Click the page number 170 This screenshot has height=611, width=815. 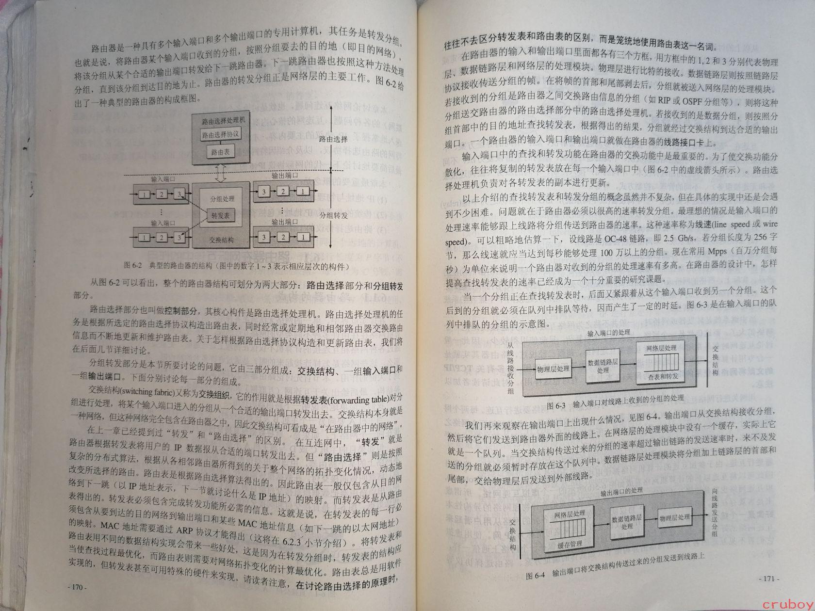77,587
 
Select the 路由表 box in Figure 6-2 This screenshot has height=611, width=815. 221,152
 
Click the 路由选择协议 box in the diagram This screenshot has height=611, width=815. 221,134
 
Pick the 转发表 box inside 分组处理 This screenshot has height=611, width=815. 221,215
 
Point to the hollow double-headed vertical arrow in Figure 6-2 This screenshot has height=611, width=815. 221,173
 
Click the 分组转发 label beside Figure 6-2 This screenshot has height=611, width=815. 333,215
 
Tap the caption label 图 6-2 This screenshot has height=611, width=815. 133,265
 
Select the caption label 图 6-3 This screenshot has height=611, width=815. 556,405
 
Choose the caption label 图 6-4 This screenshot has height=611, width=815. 535,576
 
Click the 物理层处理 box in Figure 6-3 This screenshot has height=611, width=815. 553,369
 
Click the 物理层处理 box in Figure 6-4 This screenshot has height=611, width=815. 674,517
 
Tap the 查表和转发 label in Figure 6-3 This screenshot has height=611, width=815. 663,376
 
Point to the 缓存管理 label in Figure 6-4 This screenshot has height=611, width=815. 570,544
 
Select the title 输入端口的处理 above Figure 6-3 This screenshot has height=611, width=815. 608,332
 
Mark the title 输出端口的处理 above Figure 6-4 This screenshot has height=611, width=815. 621,490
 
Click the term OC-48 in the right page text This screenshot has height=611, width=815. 615,239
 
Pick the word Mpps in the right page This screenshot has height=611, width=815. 717,251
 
